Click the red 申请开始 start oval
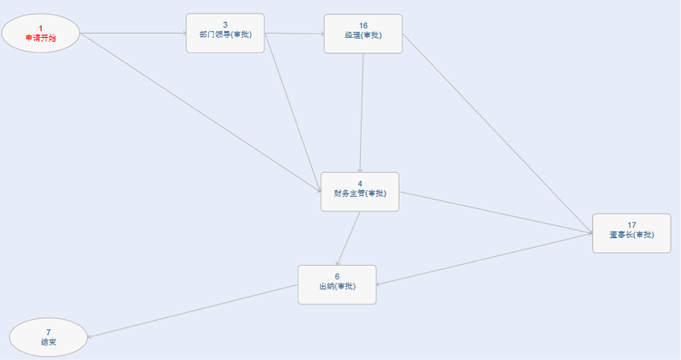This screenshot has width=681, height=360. (41, 34)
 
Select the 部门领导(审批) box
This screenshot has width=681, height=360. (225, 34)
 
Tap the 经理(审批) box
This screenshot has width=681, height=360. (363, 34)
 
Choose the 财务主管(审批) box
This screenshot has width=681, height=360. (360, 192)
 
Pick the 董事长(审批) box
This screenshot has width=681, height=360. (631, 233)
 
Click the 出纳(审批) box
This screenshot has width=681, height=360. (337, 285)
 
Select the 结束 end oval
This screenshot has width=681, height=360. (49, 337)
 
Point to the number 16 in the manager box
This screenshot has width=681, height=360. (363, 26)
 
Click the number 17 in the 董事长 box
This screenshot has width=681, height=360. (631, 225)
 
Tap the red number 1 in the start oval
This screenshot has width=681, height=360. (41, 28)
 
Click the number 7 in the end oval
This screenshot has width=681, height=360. (49, 332)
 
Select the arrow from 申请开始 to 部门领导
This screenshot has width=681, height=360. (134, 34)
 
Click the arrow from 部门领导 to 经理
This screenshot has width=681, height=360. (294, 34)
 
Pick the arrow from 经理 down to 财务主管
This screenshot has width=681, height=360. (362, 113)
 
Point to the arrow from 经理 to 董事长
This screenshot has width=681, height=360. (498, 134)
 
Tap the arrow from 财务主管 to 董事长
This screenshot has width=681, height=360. (496, 213)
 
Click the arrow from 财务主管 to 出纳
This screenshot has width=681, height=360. (348, 238)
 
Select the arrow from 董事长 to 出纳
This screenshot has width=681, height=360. (484, 259)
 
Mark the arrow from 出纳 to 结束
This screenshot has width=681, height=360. (193, 311)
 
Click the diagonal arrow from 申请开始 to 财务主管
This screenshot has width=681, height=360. (201, 112)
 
